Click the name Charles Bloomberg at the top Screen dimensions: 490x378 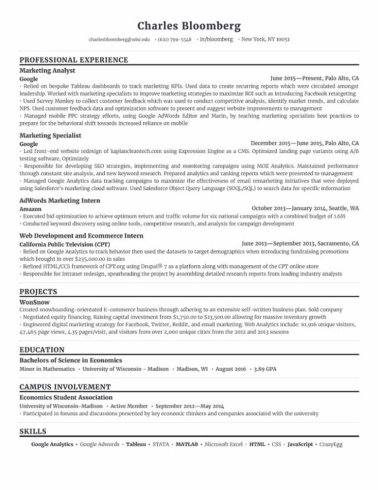[189, 26]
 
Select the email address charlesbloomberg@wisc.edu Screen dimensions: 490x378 [119, 39]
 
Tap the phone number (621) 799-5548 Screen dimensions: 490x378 [175, 39]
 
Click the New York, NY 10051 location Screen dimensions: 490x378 [265, 39]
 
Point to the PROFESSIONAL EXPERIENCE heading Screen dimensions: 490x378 [74, 60]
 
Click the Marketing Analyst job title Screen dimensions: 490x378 [47, 70]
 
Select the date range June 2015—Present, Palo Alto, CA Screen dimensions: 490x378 [314, 78]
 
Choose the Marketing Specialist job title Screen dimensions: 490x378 [50, 135]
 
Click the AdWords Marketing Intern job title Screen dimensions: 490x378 [60, 201]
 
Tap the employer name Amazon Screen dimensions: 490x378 [31, 209]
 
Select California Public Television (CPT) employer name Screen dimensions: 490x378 [64, 244]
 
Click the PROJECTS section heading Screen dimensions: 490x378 [38, 292]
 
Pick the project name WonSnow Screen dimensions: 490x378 [34, 302]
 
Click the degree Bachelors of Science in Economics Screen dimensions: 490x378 [71, 360]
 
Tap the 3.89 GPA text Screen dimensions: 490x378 [265, 369]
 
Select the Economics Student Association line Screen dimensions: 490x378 [66, 397]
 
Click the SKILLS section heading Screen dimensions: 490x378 [33, 431]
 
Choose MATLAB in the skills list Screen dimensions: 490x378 [187, 444]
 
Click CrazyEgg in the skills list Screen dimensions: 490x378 [331, 444]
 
